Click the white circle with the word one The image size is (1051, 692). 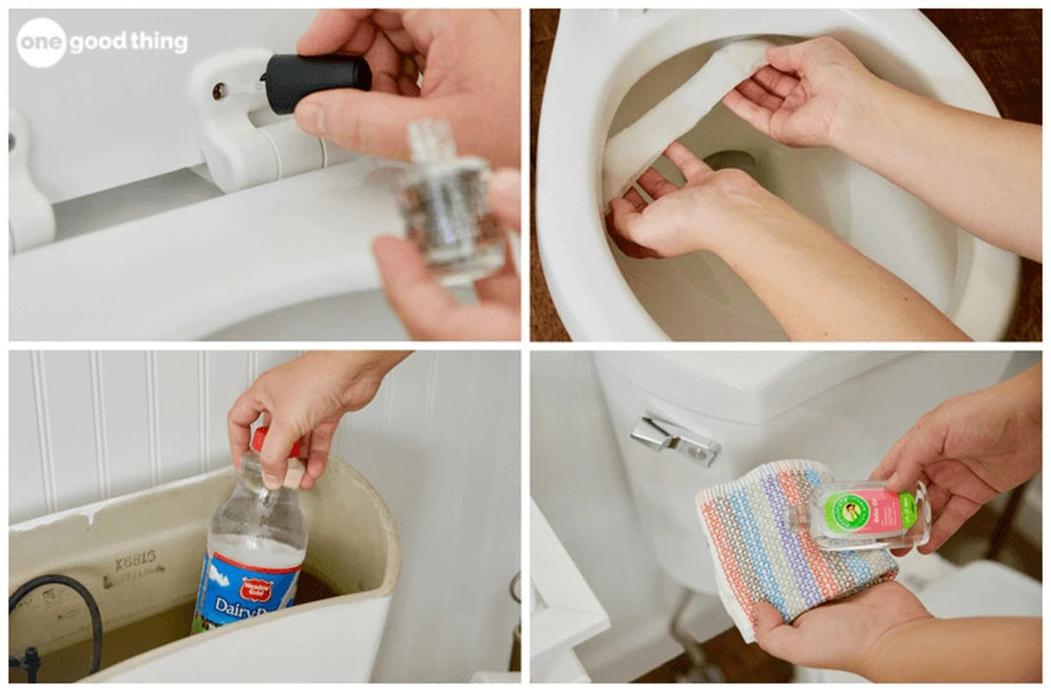click(42, 42)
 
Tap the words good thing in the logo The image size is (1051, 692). click(130, 43)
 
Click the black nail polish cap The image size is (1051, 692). click(316, 81)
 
